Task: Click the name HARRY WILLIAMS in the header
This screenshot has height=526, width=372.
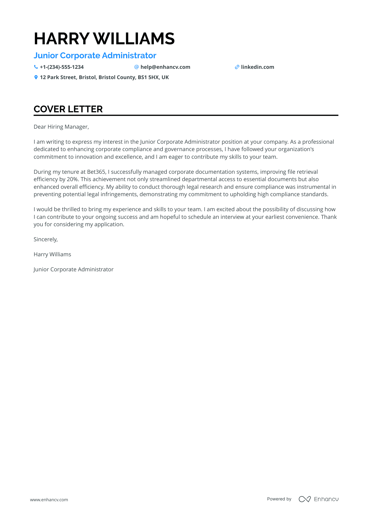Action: click(104, 39)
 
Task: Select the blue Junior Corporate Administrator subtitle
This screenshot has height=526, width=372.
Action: click(95, 56)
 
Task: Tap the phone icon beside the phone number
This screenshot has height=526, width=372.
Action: click(36, 67)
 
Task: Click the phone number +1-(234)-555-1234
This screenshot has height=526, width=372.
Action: click(62, 67)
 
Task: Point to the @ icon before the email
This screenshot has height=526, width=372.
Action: click(136, 67)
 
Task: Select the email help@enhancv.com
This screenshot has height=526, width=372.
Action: click(165, 67)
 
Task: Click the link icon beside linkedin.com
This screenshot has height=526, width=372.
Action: click(237, 67)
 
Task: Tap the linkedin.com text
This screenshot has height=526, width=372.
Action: click(257, 67)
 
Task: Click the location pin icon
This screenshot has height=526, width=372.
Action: click(36, 77)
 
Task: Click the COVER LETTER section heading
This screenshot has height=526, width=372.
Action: click(68, 109)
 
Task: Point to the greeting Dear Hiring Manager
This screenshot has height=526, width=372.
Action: click(61, 127)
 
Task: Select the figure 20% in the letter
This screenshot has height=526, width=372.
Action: click(73, 179)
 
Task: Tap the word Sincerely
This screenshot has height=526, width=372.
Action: click(46, 239)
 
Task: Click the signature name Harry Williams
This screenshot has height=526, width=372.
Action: click(52, 254)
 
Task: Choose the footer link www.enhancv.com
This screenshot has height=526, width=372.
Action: click(49, 500)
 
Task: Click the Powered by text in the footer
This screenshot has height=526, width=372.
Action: click(279, 499)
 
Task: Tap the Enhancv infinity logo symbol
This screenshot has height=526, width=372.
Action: click(304, 499)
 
